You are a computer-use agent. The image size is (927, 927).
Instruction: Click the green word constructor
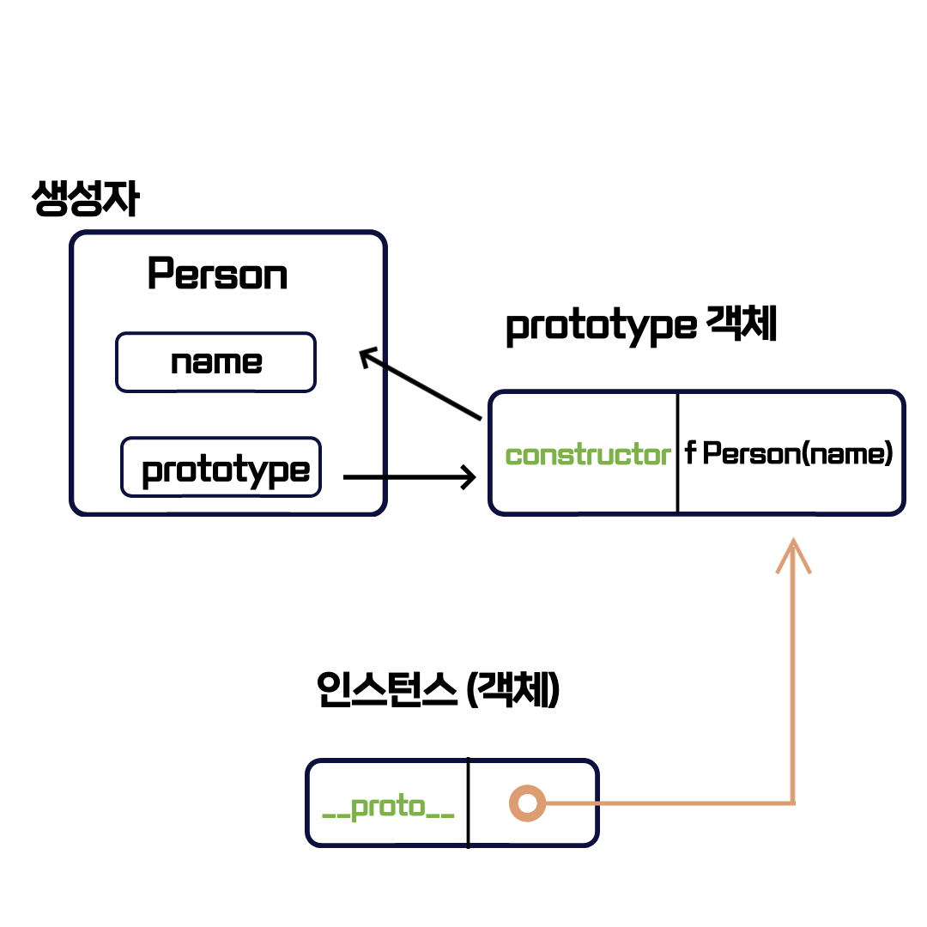pos(588,455)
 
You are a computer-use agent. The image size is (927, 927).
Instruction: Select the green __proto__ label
pos(388,807)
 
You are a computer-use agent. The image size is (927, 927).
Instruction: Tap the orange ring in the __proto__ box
pos(527,803)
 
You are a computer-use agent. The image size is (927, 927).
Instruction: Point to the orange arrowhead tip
pos(794,540)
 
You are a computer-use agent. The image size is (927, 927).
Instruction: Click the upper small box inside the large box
pos(215,362)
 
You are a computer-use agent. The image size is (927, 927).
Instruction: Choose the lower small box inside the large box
pos(221,467)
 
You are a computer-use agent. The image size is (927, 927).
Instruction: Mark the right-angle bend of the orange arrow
pos(793,803)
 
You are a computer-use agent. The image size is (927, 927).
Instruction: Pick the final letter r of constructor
pos(665,455)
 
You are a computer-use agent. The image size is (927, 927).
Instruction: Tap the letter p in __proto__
pos(360,809)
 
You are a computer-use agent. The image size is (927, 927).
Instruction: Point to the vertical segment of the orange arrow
pos(794,678)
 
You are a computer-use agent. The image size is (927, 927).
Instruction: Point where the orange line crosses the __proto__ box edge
pos(597,803)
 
